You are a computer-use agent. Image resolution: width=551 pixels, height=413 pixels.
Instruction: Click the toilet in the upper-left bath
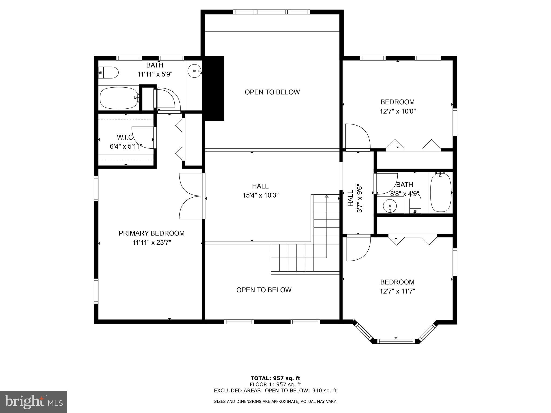point(109,73)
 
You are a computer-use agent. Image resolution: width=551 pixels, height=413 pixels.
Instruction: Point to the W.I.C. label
point(126,137)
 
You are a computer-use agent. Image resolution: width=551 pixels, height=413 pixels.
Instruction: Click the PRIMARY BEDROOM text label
point(151,233)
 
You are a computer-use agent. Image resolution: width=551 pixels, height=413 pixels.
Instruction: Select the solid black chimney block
point(214,88)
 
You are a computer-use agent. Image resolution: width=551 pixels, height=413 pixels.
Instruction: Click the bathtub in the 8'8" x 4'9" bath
point(440,193)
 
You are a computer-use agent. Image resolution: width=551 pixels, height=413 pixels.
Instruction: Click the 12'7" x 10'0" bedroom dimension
point(397,111)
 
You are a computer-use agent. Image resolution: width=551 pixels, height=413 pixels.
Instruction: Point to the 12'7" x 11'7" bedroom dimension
point(397,291)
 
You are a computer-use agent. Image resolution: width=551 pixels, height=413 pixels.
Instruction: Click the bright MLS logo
point(33,402)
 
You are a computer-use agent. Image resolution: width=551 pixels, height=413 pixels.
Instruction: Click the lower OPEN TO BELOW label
point(264,290)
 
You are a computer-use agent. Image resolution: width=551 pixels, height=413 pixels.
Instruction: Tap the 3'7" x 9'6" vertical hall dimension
point(360,198)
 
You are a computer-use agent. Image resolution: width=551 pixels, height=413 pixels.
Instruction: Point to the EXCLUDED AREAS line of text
point(275,391)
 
